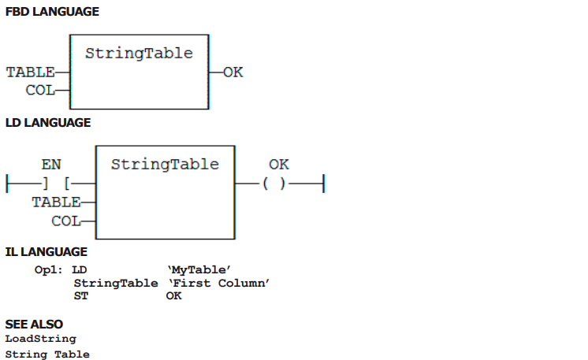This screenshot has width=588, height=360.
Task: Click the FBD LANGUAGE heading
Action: click(52, 12)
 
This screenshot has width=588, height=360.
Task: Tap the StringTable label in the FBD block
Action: click(139, 54)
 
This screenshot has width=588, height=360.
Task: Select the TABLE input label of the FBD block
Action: click(31, 72)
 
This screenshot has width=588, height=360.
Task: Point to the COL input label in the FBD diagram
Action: click(40, 91)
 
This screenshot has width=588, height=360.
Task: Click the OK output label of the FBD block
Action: click(233, 72)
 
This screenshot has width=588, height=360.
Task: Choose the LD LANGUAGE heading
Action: click(48, 123)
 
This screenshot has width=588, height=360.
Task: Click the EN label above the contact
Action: click(51, 164)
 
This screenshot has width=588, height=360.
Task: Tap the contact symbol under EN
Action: click(56, 184)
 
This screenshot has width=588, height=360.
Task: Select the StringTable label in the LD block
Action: click(165, 164)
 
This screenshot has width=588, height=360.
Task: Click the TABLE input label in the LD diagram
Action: click(56, 202)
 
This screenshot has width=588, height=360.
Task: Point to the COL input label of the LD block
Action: click(66, 221)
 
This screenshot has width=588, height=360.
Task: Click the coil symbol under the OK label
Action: click(274, 184)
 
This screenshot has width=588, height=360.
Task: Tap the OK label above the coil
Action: click(279, 164)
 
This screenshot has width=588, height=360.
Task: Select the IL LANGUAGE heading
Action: click(47, 252)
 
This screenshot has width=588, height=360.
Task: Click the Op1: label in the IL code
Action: click(48, 269)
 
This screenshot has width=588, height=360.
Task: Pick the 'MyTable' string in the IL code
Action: click(199, 269)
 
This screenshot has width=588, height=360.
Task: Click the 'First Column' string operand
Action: click(218, 283)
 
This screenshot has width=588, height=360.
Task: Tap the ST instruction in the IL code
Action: click(81, 296)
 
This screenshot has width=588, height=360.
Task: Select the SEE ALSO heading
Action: click(34, 324)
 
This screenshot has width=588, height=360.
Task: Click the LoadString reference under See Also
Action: click(40, 339)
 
